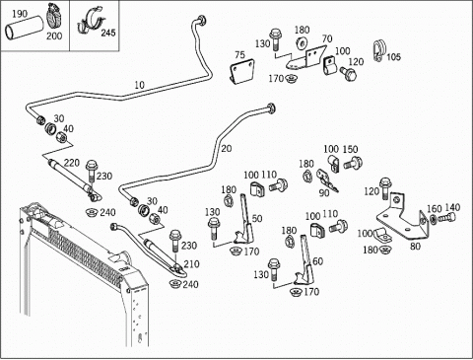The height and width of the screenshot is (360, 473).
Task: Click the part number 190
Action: [x=20, y=14]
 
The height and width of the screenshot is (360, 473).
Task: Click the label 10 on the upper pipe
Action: [x=140, y=85]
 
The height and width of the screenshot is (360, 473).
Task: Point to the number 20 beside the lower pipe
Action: [x=227, y=149]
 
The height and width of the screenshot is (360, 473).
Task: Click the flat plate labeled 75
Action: [x=242, y=72]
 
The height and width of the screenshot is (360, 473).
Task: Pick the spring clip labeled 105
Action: [x=378, y=50]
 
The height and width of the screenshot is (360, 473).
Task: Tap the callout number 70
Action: [x=327, y=39]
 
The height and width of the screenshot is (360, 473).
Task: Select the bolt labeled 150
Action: [x=353, y=163]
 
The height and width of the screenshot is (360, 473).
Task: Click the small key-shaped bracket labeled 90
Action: [x=327, y=180]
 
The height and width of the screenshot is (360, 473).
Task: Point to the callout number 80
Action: [x=415, y=247]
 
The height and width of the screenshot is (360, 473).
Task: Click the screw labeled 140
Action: [x=448, y=217]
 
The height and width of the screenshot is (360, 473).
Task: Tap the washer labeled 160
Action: [x=433, y=219]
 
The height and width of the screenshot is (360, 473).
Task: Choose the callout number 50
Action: [x=257, y=218]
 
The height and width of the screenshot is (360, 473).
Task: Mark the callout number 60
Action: [x=317, y=261]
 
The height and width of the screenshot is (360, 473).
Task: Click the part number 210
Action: [x=191, y=264]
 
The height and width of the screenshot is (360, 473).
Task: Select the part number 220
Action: [x=72, y=163]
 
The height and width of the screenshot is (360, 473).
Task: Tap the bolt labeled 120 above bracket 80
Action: [x=384, y=188]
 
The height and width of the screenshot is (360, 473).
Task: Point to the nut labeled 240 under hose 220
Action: [x=92, y=213]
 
